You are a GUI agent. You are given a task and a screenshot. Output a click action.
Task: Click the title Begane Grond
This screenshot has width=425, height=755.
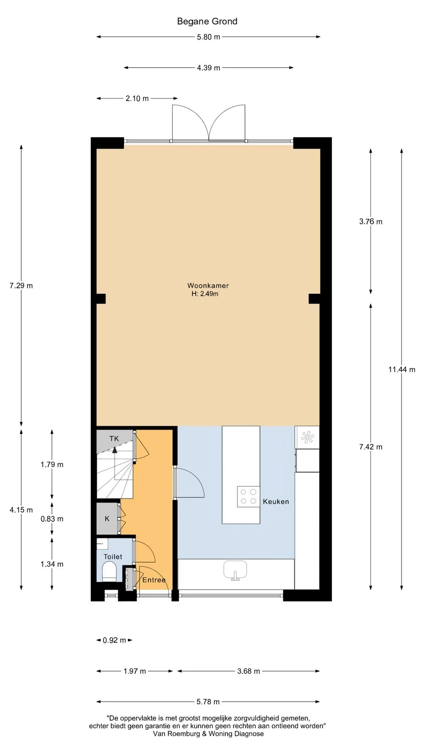(x=207, y=21)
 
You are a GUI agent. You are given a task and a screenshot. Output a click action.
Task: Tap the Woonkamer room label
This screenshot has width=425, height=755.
(x=208, y=285)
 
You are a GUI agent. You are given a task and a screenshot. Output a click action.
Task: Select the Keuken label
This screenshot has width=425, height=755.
(x=276, y=501)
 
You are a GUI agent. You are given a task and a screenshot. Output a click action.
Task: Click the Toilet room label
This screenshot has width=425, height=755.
(x=113, y=556)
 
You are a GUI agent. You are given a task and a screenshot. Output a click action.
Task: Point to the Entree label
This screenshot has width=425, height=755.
(x=154, y=580)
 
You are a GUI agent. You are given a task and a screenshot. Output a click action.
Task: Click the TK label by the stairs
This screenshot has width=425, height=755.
(x=114, y=438)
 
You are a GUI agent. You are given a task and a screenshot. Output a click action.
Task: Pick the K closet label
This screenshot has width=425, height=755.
(x=107, y=519)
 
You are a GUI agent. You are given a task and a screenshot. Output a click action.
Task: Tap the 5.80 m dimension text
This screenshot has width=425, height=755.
(x=209, y=37)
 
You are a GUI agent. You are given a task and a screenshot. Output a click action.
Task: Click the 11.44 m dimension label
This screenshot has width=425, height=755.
(x=402, y=369)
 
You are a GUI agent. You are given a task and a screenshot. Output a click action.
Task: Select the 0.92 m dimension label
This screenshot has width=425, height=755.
(x=114, y=640)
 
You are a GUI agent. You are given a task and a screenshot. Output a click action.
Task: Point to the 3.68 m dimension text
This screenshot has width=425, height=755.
(x=249, y=671)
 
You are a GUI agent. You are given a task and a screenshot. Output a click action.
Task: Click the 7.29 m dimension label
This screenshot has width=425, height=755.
(x=21, y=285)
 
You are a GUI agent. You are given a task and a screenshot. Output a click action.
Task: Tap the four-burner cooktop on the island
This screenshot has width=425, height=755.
(x=248, y=496)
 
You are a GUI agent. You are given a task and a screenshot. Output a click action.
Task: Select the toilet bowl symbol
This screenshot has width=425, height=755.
(x=109, y=571)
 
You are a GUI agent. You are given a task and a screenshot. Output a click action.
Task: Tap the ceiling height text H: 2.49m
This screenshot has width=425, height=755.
(x=205, y=294)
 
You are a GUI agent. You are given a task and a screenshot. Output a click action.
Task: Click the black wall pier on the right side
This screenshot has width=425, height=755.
(x=314, y=299)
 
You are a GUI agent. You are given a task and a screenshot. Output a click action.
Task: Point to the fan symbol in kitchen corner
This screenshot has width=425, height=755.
(x=307, y=437)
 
